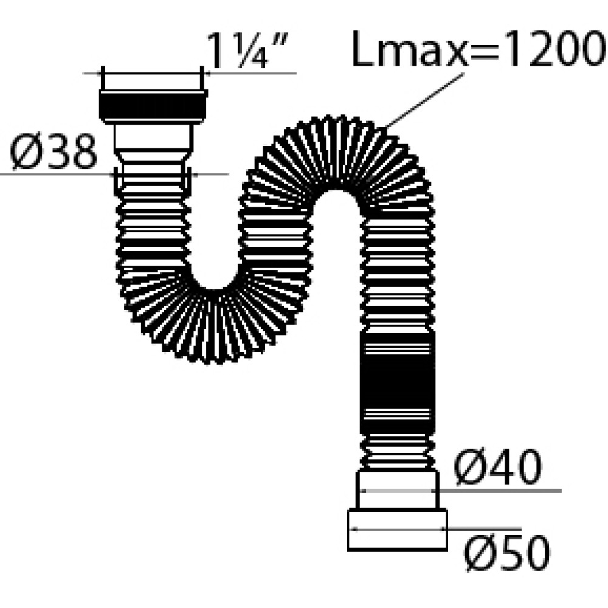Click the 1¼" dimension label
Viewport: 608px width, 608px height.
pyautogui.click(x=249, y=50)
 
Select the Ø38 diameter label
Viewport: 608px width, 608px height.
pyautogui.click(x=53, y=151)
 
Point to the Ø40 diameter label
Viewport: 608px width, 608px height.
pyautogui.click(x=497, y=467)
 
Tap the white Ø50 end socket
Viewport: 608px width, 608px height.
pyautogui.click(x=398, y=530)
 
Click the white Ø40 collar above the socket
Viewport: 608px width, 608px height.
pyautogui.click(x=398, y=490)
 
